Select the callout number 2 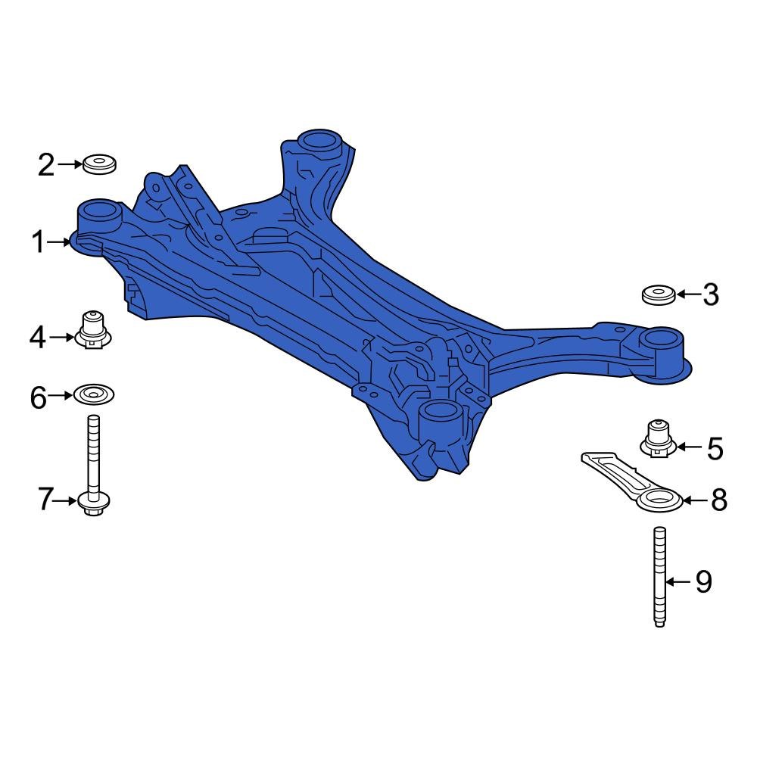tap(47, 164)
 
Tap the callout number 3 tap(709, 294)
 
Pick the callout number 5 tap(715, 448)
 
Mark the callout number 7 tap(46, 500)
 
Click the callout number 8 tap(717, 500)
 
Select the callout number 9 tap(703, 581)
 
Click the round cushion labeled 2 tap(99, 163)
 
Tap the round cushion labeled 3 tap(659, 294)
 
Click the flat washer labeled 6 tap(94, 394)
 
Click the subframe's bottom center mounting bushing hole tap(440, 413)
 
